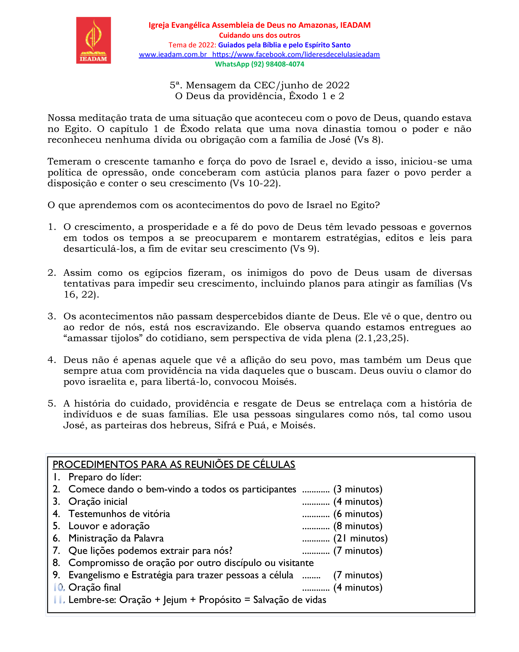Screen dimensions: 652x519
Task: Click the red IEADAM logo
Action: coord(93,40)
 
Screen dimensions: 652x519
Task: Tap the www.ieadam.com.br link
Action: coord(173,54)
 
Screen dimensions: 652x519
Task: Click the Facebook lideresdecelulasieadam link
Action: coord(296,54)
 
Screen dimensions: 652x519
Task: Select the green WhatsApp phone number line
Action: coord(259,64)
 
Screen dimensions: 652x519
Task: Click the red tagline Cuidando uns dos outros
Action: coord(259,35)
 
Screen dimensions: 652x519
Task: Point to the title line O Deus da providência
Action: coord(259,96)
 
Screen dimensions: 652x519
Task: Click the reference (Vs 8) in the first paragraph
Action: coord(368,140)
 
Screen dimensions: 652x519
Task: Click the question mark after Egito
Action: coord(377,205)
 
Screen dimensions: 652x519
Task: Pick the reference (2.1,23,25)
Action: coord(382,338)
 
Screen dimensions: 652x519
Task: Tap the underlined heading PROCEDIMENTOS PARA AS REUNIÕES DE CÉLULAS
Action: coord(174,465)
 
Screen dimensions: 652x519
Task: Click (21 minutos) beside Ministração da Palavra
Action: coord(360,538)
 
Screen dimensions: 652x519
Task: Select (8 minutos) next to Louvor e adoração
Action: coord(358,526)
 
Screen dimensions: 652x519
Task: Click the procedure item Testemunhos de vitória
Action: coord(119,514)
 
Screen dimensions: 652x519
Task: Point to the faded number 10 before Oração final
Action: coord(59,587)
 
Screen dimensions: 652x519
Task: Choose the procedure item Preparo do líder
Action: coord(105,477)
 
